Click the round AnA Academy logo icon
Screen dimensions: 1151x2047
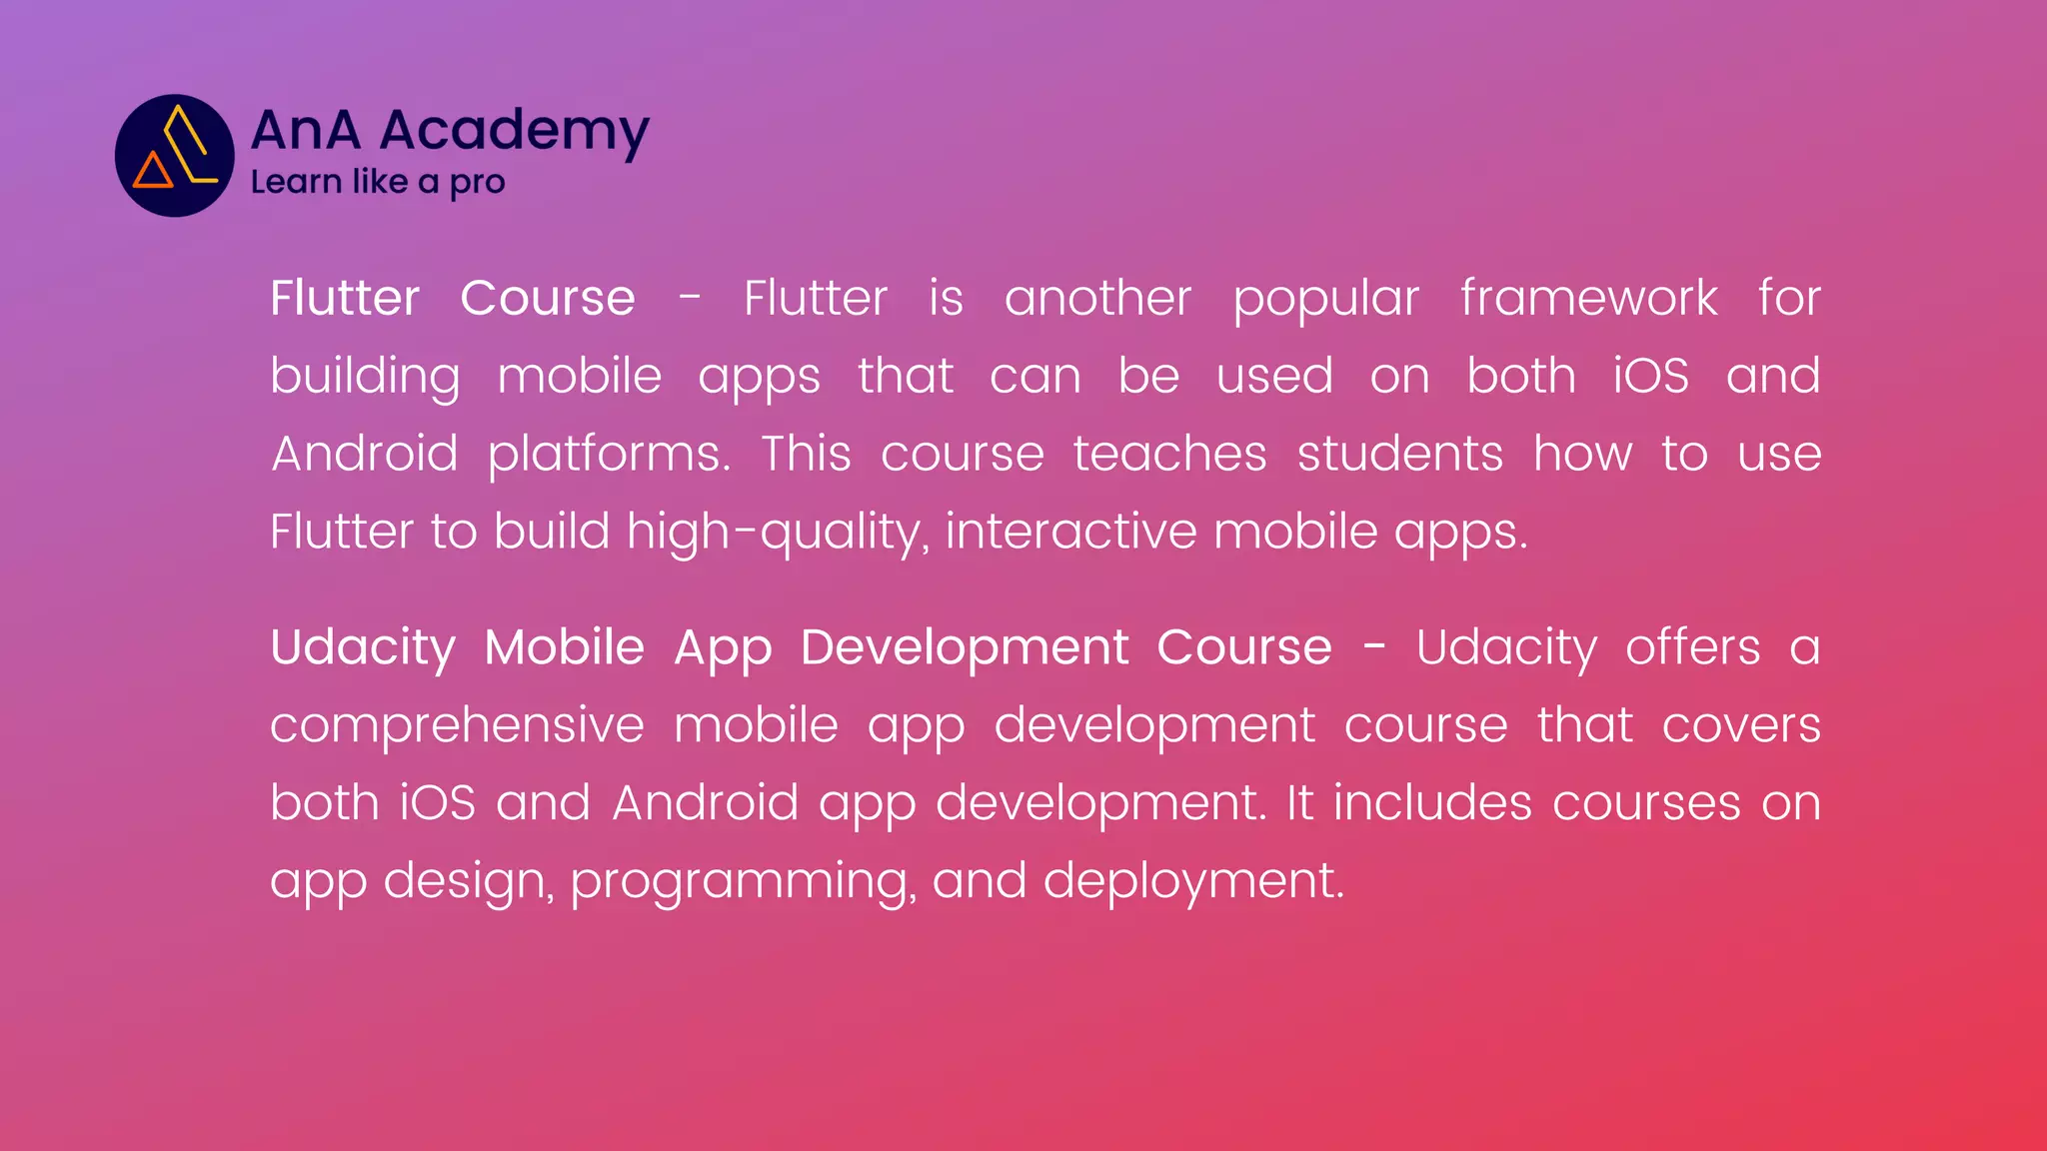pyautogui.click(x=175, y=156)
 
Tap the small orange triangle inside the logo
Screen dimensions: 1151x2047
pyautogui.click(x=152, y=172)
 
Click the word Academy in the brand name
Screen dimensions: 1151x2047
pyautogui.click(x=515, y=131)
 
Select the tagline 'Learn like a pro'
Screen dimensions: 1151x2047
pyautogui.click(x=378, y=182)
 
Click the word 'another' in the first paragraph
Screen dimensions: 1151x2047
pyautogui.click(x=1097, y=298)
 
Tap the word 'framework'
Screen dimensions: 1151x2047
pyautogui.click(x=1589, y=298)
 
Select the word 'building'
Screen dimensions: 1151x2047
pyautogui.click(x=365, y=378)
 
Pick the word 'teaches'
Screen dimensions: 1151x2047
pyautogui.click(x=1169, y=454)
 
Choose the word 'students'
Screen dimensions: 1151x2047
pyautogui.click(x=1399, y=454)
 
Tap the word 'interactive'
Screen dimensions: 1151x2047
pyautogui.click(x=1070, y=531)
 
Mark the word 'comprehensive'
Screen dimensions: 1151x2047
pyautogui.click(x=457, y=725)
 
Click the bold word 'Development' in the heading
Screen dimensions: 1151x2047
pyautogui.click(x=964, y=647)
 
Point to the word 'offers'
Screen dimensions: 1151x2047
pyautogui.click(x=1692, y=647)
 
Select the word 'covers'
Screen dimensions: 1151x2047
pyautogui.click(x=1741, y=725)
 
